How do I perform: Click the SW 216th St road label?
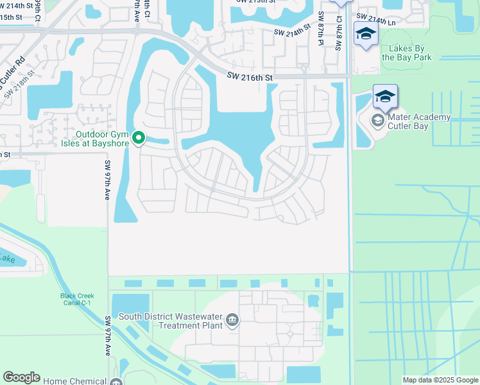point(250,78)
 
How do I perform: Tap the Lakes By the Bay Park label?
point(415,53)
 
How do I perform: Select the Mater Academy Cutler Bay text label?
point(418,122)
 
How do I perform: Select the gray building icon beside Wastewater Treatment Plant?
point(233,320)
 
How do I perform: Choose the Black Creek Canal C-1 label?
point(78,300)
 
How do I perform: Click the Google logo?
point(21,377)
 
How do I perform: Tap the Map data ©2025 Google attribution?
point(440,380)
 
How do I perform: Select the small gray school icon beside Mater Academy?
point(378,119)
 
